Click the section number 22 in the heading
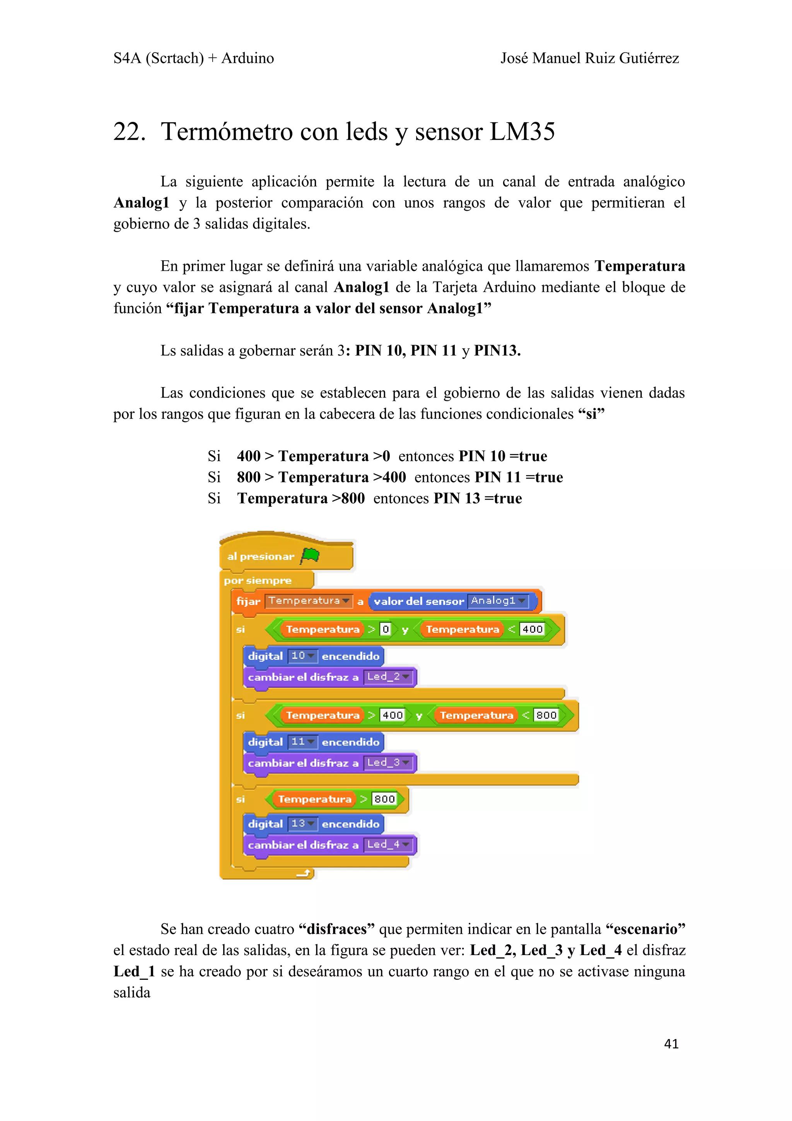point(129,132)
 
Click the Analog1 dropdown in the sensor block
point(498,601)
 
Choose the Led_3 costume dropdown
point(388,763)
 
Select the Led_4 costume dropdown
point(388,845)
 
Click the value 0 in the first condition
point(386,629)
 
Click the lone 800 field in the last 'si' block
point(384,799)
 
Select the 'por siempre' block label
point(258,581)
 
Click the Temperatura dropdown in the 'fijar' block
point(308,601)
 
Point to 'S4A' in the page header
point(127,58)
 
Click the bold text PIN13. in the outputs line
point(497,350)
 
